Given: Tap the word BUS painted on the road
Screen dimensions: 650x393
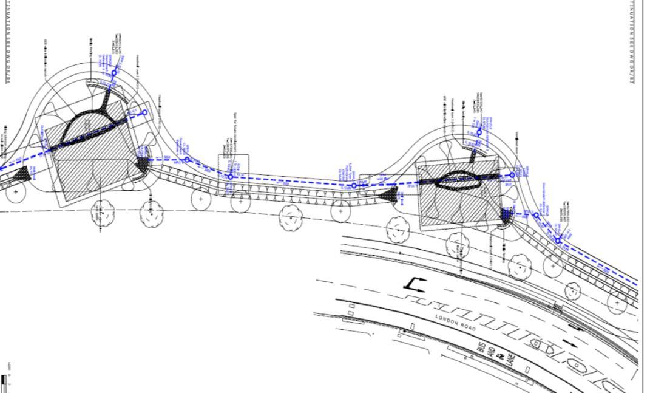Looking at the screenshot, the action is [483, 347].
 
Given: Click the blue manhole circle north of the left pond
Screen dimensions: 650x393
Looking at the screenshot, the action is [113, 73].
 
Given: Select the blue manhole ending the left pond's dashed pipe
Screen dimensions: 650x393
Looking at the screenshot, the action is [144, 112].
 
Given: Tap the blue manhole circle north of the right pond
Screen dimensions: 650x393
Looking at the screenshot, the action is [479, 132].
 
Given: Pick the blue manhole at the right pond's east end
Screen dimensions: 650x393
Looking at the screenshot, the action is [512, 175].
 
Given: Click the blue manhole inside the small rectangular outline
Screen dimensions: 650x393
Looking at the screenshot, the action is [231, 177].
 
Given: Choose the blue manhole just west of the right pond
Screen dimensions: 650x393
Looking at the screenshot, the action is [354, 186].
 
